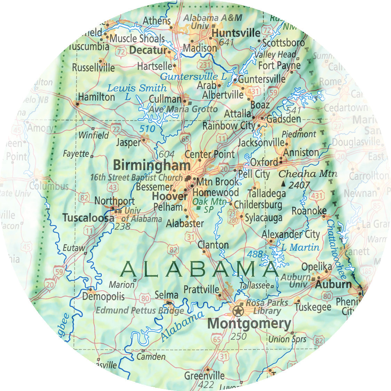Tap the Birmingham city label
pyautogui.click(x=152, y=165)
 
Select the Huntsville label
pyautogui.click(x=236, y=33)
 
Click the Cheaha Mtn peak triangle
pyautogui.click(x=283, y=183)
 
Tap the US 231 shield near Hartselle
pyautogui.click(x=205, y=65)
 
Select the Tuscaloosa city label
pyautogui.click(x=88, y=218)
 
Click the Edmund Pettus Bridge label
pyautogui.click(x=140, y=310)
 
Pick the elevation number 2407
pyautogui.click(x=299, y=185)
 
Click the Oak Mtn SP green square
pyautogui.click(x=198, y=208)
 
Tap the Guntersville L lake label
pyautogui.click(x=193, y=77)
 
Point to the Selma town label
pyautogui.click(x=166, y=295)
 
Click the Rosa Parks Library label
pyautogui.click(x=267, y=307)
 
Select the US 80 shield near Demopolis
pyautogui.click(x=145, y=298)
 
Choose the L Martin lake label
pyautogui.click(x=300, y=248)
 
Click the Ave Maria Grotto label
pyautogui.click(x=183, y=109)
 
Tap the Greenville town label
pyautogui.click(x=204, y=376)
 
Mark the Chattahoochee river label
pyautogui.click(x=337, y=249)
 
